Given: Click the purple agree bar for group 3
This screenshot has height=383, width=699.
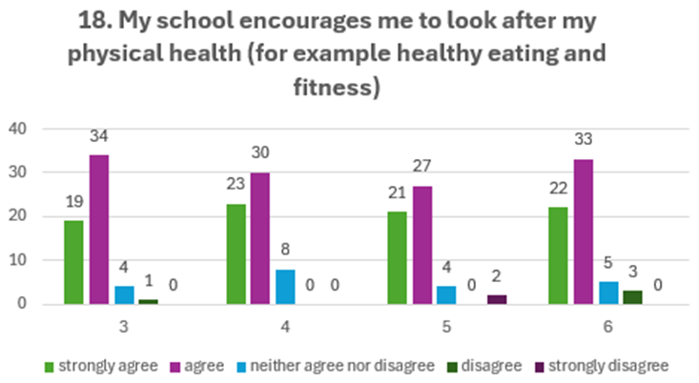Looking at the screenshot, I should click(99, 230).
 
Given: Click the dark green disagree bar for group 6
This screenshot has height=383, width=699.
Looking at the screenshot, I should click(631, 297).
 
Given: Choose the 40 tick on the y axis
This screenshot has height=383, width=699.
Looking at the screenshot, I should click(19, 128).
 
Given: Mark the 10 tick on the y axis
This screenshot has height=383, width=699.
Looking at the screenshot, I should click(19, 260).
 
